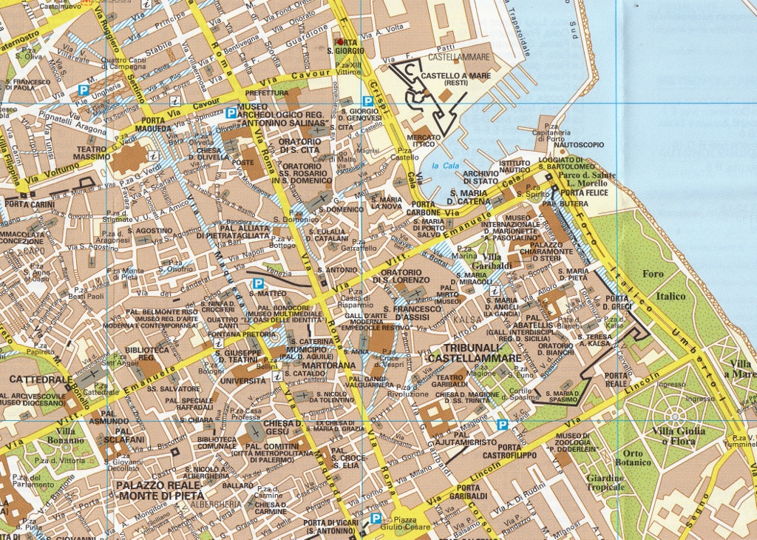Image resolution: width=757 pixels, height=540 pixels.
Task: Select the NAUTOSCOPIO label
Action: pyautogui.click(x=580, y=145)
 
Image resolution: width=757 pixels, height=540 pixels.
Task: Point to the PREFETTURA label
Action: pyautogui.click(x=266, y=93)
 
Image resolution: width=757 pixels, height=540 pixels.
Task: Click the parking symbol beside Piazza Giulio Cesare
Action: pyautogui.click(x=376, y=519)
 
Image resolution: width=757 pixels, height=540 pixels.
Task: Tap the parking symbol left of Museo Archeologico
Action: pyautogui.click(x=231, y=113)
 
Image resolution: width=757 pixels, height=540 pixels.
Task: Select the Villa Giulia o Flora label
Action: pyautogui.click(x=678, y=436)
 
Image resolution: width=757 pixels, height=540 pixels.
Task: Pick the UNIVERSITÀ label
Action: pyautogui.click(x=242, y=381)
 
